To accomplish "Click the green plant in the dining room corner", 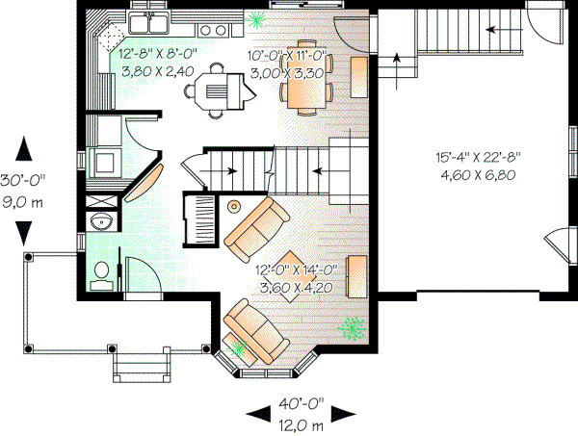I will click(x=257, y=18).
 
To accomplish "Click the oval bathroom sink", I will click(x=100, y=223).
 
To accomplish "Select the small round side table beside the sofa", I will click(x=234, y=205).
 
